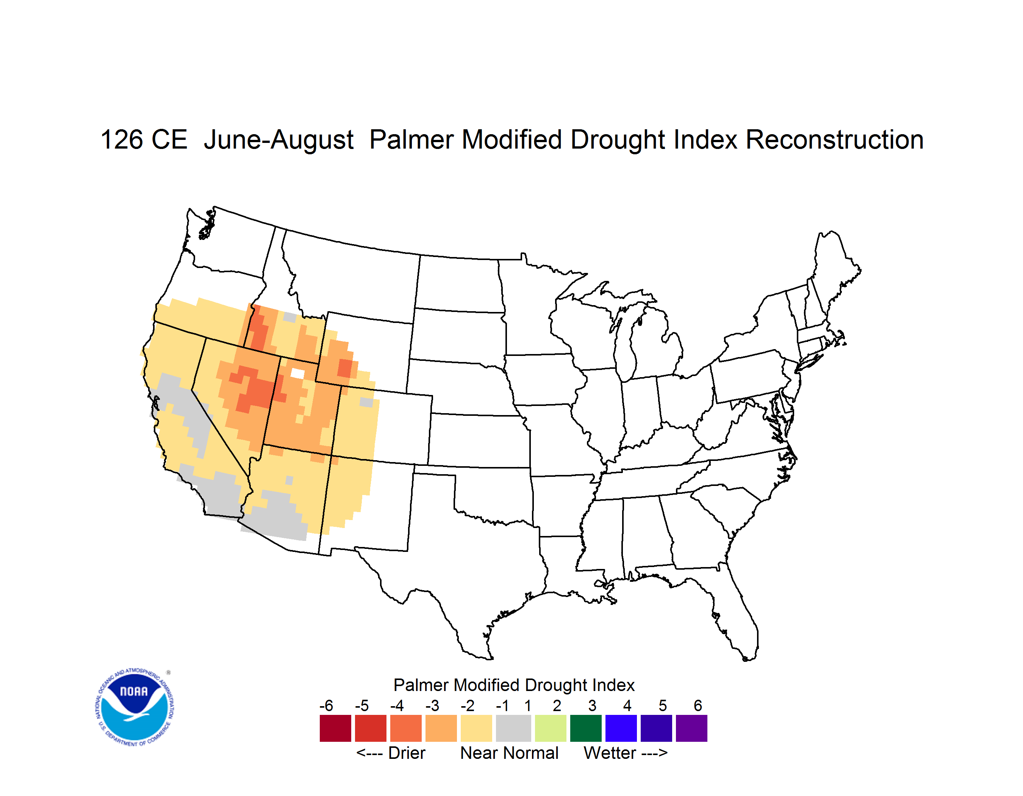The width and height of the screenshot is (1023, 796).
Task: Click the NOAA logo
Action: [135, 707]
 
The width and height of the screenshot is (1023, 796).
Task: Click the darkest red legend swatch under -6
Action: [335, 728]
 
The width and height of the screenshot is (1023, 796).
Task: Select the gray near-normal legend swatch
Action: [513, 728]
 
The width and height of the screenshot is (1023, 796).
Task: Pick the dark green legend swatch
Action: [585, 728]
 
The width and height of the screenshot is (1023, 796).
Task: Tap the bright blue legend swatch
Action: [621, 728]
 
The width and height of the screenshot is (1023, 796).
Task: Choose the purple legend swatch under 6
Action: [691, 728]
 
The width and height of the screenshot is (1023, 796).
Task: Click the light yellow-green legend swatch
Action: [551, 728]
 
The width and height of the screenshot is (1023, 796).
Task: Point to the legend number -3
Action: [432, 705]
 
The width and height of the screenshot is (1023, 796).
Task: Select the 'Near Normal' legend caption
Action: [509, 753]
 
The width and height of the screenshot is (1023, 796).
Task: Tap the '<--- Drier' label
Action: [391, 753]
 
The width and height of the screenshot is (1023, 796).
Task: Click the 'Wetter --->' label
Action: [625, 753]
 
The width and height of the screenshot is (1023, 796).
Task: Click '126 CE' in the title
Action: [144, 139]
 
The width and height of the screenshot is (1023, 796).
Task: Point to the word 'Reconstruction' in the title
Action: [834, 139]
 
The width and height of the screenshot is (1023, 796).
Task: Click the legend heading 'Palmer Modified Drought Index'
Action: [514, 685]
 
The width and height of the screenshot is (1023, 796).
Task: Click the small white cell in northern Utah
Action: [297, 373]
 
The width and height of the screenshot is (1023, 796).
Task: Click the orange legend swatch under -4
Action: [406, 728]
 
